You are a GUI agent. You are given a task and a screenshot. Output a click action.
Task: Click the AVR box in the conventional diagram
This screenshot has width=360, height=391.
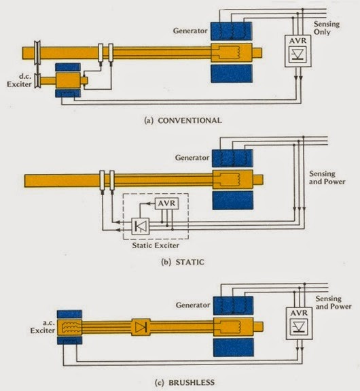[x=298, y=51]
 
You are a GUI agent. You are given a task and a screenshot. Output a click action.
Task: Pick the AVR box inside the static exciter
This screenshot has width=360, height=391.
[x=166, y=204]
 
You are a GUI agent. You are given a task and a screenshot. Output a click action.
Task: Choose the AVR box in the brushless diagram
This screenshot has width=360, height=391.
[x=299, y=324]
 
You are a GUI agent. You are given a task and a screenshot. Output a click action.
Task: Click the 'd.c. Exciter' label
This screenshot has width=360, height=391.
[x=20, y=80]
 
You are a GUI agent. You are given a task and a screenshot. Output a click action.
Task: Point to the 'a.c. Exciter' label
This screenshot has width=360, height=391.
[x=43, y=326]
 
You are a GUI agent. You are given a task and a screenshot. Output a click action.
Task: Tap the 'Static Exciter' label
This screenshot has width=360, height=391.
[x=156, y=245]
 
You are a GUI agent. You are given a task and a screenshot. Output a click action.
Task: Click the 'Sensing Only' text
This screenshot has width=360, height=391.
[x=327, y=28]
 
